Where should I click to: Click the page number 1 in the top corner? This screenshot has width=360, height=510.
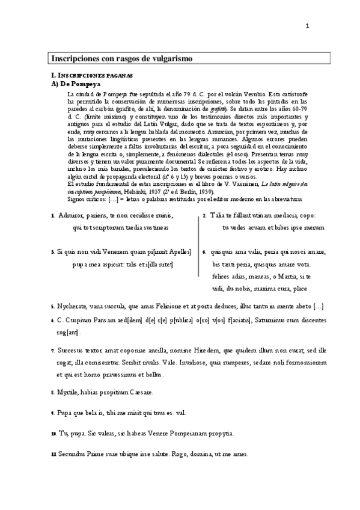coord(307,25)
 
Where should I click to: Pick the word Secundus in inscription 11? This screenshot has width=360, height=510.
coord(75,453)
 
